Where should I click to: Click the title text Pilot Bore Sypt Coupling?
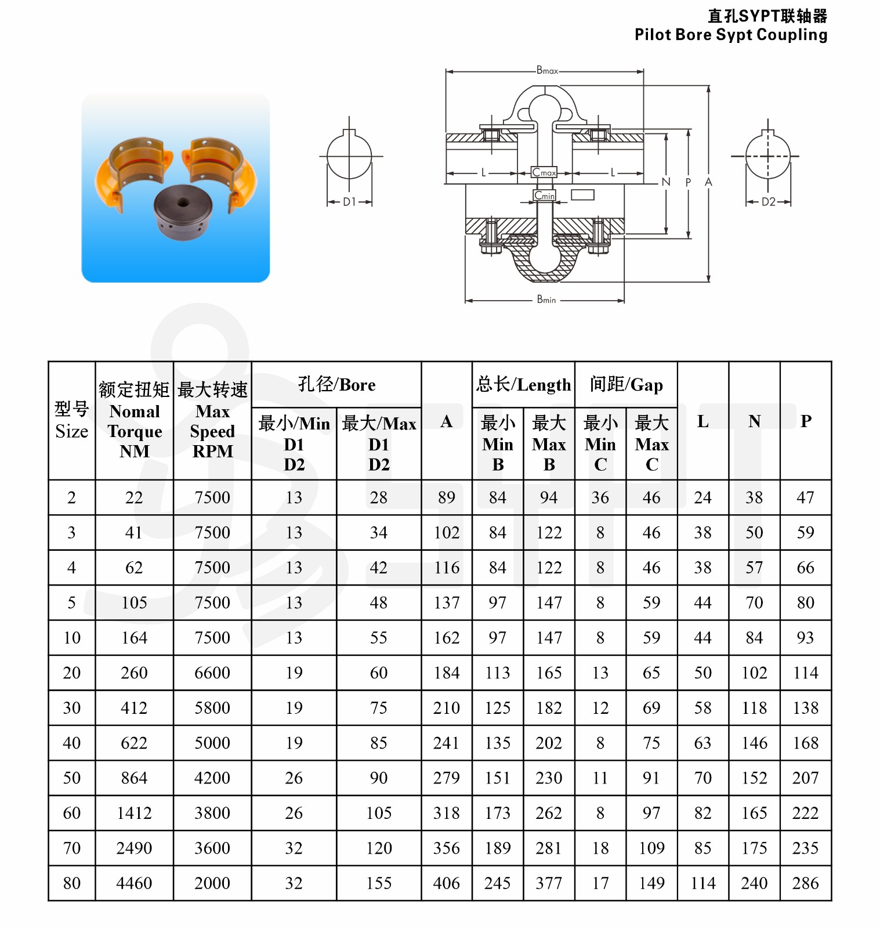click(x=731, y=35)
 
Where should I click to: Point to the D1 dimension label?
click(x=349, y=202)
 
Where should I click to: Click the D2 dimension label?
click(x=768, y=202)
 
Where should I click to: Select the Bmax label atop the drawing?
click(x=547, y=70)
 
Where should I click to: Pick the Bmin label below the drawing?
click(x=546, y=300)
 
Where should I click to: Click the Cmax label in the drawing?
click(x=544, y=172)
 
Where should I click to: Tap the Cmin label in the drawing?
click(x=544, y=196)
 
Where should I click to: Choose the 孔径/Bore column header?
click(x=336, y=384)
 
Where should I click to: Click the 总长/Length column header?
click(x=523, y=384)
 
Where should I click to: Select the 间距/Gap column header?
click(x=626, y=384)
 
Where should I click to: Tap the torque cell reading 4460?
click(x=134, y=883)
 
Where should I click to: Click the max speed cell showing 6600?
click(x=212, y=673)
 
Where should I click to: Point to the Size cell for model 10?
click(x=72, y=638)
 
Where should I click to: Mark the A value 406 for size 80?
click(x=446, y=883)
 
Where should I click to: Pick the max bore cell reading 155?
click(x=379, y=883)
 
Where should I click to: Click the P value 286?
click(x=806, y=883)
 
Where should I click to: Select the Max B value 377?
click(x=549, y=883)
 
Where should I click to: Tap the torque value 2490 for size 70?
click(x=134, y=848)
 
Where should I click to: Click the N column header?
click(x=754, y=421)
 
